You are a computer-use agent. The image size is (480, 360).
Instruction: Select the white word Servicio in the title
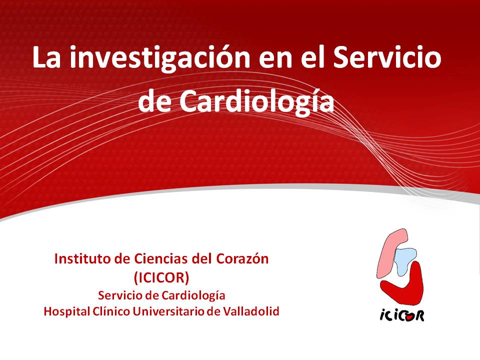point(387,57)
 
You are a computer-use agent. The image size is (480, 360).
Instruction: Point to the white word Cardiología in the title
point(256,101)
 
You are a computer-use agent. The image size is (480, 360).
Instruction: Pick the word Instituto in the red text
point(82,259)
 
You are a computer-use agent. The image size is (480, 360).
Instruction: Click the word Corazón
point(242,259)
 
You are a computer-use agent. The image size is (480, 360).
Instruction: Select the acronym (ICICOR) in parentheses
point(161,277)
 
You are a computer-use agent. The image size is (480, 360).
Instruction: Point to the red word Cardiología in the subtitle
point(193,296)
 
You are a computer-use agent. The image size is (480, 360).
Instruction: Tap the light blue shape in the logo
point(404,260)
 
